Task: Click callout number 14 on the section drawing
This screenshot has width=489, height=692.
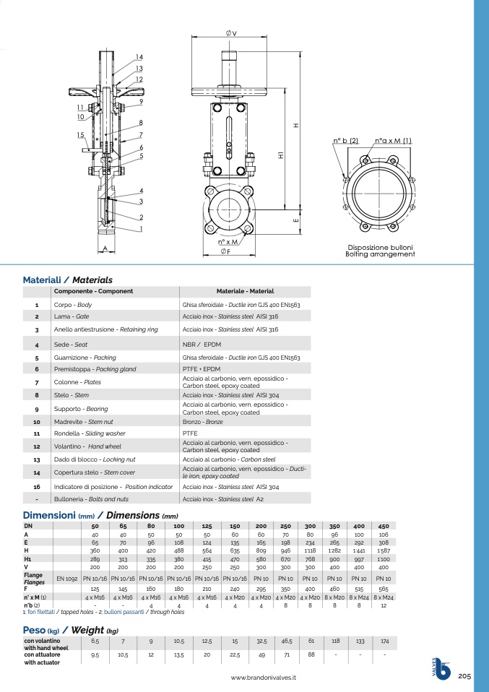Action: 139,57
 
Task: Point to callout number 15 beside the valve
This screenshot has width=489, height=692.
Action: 80,135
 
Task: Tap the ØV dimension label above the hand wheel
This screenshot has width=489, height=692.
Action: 231,33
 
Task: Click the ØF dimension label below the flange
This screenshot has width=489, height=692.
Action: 225,251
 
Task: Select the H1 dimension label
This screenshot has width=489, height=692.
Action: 281,155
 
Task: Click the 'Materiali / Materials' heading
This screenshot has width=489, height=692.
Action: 67,280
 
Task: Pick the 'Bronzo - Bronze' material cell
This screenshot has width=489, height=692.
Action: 202,422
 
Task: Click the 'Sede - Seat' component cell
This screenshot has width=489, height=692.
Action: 71,345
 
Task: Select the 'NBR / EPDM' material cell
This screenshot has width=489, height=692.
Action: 202,345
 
